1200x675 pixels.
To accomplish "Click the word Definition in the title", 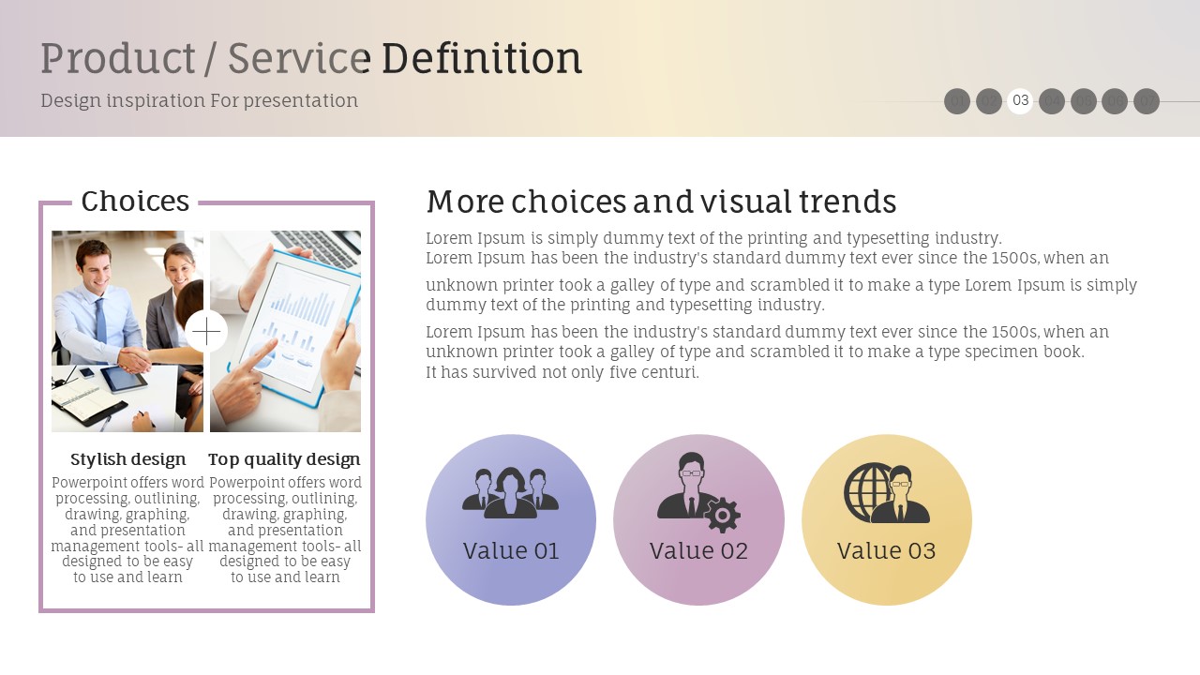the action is point(482,58).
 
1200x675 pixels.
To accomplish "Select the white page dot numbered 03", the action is point(1020,100).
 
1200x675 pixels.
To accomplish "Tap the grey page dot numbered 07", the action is point(1147,100).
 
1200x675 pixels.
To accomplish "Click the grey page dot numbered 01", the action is point(957,100).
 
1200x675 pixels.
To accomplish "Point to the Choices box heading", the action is point(135,201).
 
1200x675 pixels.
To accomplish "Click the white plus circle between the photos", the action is point(206,332).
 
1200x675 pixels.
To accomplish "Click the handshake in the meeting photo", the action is point(134,360).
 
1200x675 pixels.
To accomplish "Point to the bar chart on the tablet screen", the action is point(303,308).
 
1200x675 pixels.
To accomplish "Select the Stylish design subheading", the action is point(128,459).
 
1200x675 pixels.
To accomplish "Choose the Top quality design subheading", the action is point(284,459).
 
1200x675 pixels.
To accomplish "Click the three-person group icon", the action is point(511,492).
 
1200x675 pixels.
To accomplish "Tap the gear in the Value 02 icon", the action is point(722,515).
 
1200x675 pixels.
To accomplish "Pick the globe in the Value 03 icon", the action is point(869,490).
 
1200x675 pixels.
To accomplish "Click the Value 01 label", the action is point(511,550).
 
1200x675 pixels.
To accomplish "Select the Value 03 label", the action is point(887,550).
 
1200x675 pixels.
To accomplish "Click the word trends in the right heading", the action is point(848,202).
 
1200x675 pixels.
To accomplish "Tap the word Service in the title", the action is point(299,58).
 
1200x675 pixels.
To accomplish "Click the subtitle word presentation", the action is point(301,100).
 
